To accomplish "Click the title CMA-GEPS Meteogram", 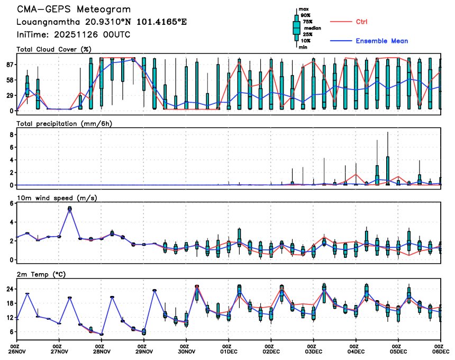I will [x=74, y=10].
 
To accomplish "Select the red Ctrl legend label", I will [x=361, y=22].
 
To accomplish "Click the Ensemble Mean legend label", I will [x=381, y=41].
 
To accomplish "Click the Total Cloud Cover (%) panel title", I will [x=54, y=50].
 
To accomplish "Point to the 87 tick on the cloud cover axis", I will [x=9, y=65].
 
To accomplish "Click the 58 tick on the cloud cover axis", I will [x=9, y=80].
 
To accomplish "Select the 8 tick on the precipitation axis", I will [x=11, y=135].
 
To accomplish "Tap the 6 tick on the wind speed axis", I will [x=11, y=204].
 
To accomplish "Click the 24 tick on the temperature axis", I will [x=9, y=289].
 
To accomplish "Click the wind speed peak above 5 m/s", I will [x=70, y=209].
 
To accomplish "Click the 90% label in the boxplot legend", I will [x=306, y=15].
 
